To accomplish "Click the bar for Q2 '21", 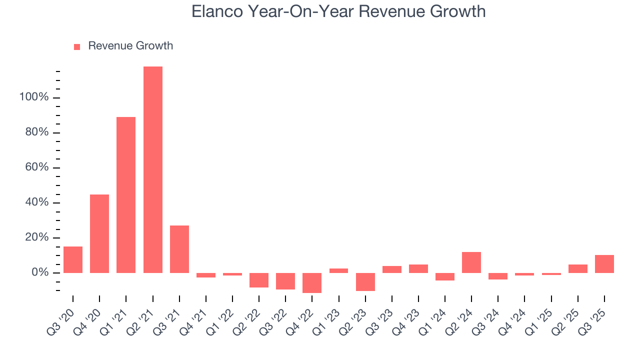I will click(x=152, y=169).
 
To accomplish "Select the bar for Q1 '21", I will click(x=126, y=195).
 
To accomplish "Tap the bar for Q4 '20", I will click(x=99, y=233).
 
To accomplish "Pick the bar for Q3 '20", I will click(x=73, y=259).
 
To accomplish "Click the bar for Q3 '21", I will click(x=179, y=249).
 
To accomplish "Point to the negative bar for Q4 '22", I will click(x=312, y=282).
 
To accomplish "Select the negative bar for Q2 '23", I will click(x=365, y=281).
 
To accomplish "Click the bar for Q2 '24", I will click(x=471, y=262).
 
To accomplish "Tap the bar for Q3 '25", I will click(x=604, y=263).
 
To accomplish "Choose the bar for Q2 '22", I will click(x=259, y=280).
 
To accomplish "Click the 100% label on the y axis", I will click(x=34, y=97).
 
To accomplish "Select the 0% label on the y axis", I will click(x=39, y=273).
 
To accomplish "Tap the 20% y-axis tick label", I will click(x=36, y=238).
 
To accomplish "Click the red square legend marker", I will click(x=77, y=47).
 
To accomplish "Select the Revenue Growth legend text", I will click(x=130, y=46).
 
